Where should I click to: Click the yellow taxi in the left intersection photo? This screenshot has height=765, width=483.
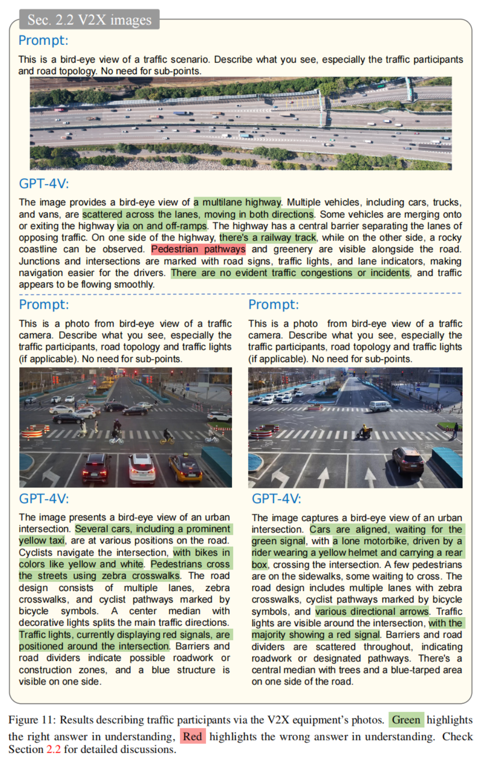tap(185, 468)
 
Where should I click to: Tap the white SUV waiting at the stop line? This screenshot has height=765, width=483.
tap(142, 468)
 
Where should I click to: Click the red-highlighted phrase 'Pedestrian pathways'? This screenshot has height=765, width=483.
tap(198, 249)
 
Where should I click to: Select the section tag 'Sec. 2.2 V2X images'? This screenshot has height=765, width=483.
tap(90, 20)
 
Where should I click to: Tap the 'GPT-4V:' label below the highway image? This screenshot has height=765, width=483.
tap(44, 184)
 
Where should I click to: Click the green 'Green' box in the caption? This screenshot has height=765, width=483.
tap(406, 720)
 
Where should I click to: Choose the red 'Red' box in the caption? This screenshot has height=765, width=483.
tap(193, 737)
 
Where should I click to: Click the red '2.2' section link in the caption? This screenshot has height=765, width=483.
tap(53, 750)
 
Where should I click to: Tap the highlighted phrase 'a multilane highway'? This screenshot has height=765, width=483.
tap(237, 202)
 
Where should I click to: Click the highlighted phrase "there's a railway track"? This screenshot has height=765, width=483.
tap(268, 237)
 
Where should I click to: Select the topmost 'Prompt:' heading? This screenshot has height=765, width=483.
tap(43, 40)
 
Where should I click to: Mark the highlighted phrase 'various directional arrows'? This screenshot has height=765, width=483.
tap(372, 611)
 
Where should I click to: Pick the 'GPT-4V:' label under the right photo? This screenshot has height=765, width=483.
tap(276, 499)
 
